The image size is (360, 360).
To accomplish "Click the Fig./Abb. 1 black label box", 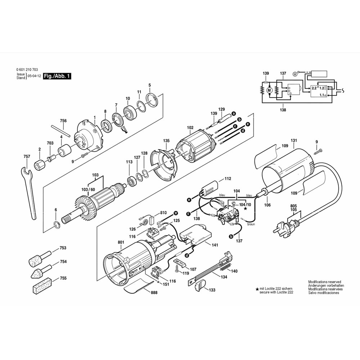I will pyautogui.click(x=57, y=76).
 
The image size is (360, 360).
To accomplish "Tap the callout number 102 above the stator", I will pyautogui.click(x=190, y=127).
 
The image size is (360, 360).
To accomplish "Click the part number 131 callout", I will pyautogui.click(x=294, y=140).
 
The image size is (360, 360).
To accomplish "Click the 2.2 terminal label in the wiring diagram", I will pyautogui.click(x=314, y=88).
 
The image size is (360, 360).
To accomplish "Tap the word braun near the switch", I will pyautogui.click(x=251, y=224).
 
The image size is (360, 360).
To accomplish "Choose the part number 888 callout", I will pyautogui.click(x=154, y=292).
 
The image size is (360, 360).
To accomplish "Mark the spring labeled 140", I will pyautogui.click(x=225, y=267).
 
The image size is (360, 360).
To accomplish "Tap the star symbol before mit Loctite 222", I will pyautogui.click(x=257, y=289).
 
